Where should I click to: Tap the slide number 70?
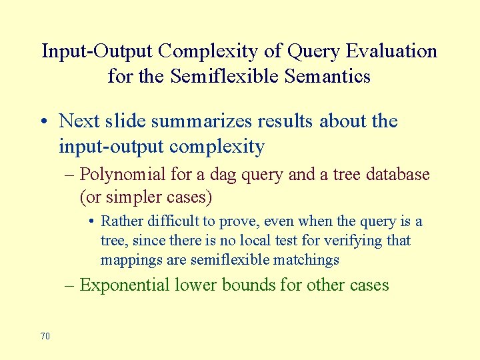45,336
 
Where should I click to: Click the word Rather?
121,221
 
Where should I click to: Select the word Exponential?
124,285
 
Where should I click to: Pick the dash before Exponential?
71,285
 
